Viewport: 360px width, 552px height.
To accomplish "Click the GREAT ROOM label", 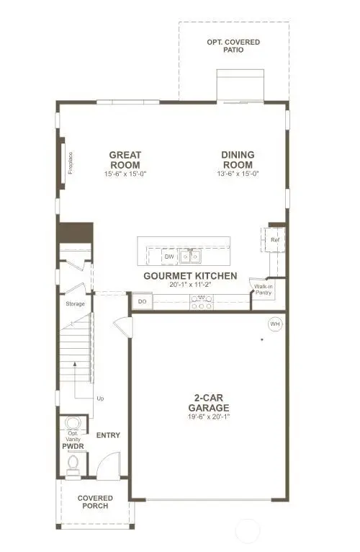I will tap(125, 159).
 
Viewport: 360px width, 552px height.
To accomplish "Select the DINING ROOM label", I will tap(238, 159).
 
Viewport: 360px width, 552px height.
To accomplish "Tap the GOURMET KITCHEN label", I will tap(190, 276).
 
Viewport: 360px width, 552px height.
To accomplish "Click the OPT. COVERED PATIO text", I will tap(233, 46).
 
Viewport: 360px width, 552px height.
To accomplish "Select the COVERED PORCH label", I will tap(94, 502).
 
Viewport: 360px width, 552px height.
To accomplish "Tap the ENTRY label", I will tap(108, 435).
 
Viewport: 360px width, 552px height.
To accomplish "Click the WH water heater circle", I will tap(274, 324).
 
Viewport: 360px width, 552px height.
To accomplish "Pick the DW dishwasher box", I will tap(169, 256).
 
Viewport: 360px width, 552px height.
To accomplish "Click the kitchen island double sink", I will tap(191, 256).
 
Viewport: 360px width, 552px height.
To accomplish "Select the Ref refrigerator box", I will tap(274, 240).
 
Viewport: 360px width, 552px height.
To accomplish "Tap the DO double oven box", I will tap(142, 302).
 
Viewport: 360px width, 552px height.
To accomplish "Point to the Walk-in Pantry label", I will tap(262, 290).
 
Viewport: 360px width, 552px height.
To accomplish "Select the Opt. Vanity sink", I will tap(72, 424).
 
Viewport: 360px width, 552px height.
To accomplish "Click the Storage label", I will tap(76, 303).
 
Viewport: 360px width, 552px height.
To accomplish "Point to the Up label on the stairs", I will tap(101, 398).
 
